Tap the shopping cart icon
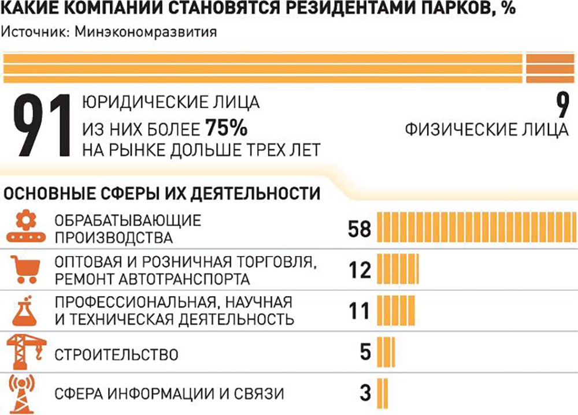25,270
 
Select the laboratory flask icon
25,311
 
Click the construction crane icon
25,351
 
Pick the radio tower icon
25,393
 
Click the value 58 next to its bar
359,229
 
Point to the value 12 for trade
360,270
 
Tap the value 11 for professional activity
360,311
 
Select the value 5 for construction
365,352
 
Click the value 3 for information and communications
365,394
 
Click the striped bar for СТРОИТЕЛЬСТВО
387,352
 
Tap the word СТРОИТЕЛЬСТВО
116,353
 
